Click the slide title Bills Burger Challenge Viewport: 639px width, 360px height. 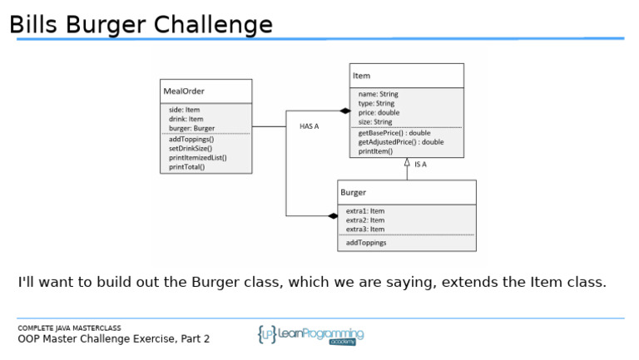[141, 25]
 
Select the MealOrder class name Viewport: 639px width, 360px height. [184, 91]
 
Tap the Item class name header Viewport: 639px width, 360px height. [362, 76]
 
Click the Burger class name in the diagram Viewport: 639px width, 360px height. [353, 192]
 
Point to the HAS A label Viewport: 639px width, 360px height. [309, 126]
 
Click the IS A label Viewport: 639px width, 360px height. [420, 165]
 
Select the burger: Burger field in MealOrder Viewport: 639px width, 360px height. [191, 128]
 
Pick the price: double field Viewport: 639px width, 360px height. [379, 112]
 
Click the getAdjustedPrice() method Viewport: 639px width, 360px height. [400, 142]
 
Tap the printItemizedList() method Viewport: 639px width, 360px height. [197, 157]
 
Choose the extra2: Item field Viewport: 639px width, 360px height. [365, 220]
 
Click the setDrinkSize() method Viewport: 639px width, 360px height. [190, 148]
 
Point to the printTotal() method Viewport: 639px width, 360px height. [186, 166]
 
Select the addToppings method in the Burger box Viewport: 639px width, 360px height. [366, 243]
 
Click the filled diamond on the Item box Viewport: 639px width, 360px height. [344, 111]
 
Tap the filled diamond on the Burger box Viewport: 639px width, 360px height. [332, 216]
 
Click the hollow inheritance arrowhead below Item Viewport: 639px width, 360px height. [407, 163]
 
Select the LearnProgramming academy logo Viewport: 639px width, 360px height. [310, 335]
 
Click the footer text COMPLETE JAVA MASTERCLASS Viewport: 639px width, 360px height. [69, 328]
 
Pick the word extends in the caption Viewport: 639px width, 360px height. [470, 283]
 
